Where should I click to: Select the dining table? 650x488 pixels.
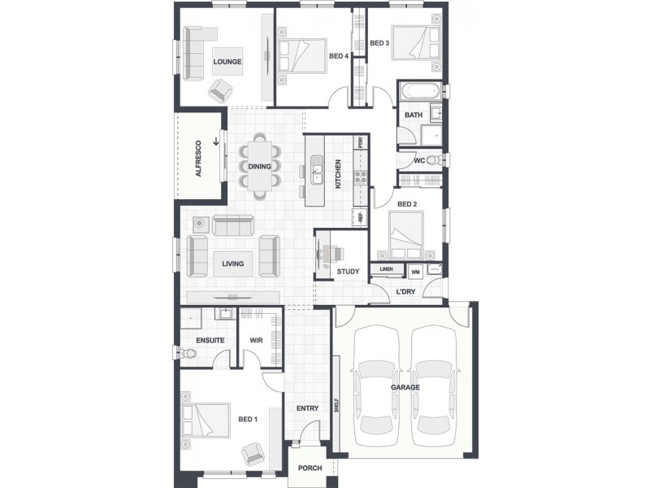coord(260,167)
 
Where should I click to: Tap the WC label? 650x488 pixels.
coord(419,160)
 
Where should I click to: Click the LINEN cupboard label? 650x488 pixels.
coord(387,269)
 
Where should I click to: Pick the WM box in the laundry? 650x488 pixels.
coord(415,270)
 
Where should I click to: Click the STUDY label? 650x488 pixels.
coord(348,272)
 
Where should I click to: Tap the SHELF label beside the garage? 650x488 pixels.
coord(337,407)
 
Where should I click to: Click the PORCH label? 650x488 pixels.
coord(310,468)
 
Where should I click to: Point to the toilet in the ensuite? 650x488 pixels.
coord(188,353)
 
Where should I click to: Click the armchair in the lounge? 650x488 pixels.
coord(220,89)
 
